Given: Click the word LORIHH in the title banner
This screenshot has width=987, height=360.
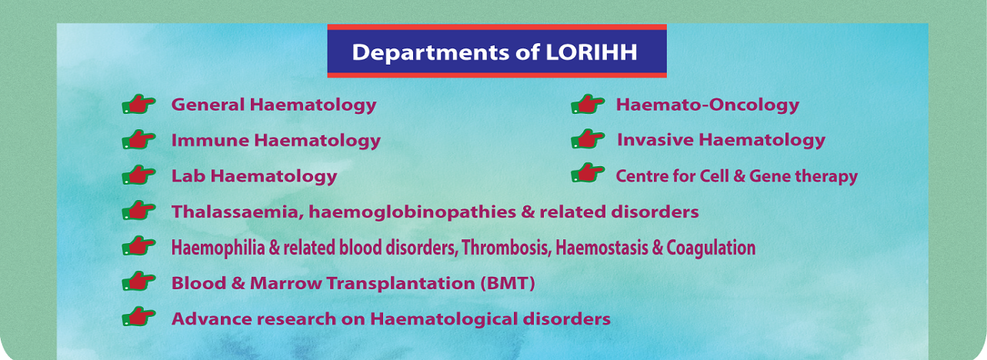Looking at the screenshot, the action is pyautogui.click(x=592, y=52).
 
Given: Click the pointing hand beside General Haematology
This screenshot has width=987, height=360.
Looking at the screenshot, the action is pyautogui.click(x=138, y=104).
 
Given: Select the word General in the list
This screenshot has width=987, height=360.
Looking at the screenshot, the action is pyautogui.click(x=208, y=105).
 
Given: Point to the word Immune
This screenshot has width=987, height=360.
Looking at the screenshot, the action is pyautogui.click(x=210, y=140).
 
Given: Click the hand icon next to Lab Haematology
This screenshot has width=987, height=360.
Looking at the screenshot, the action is pyautogui.click(x=138, y=175).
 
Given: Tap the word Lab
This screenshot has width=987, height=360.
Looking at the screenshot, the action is pyautogui.click(x=188, y=176).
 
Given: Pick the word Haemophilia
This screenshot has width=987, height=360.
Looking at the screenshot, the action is pyautogui.click(x=218, y=248).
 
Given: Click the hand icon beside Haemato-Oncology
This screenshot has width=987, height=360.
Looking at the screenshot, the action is pyautogui.click(x=588, y=104).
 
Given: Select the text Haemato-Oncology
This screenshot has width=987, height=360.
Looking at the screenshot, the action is pyautogui.click(x=707, y=105).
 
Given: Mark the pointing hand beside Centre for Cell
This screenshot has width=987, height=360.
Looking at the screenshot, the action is pyautogui.click(x=588, y=173).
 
